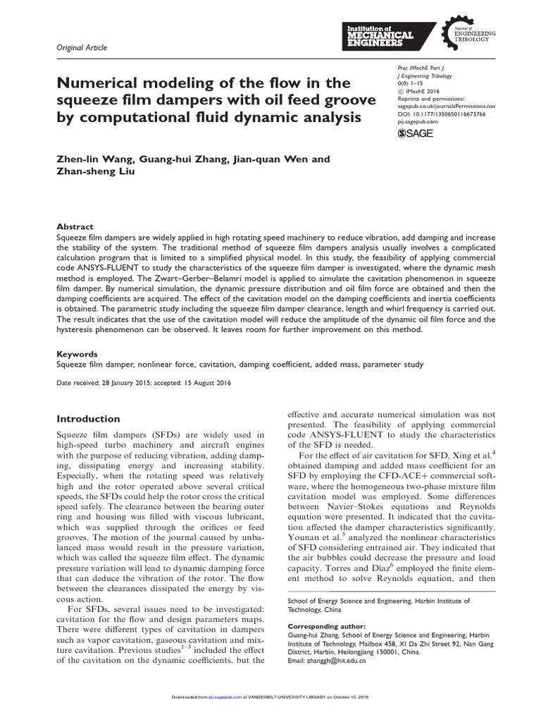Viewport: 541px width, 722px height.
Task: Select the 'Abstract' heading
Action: click(75, 227)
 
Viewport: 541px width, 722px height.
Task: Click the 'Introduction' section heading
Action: click(88, 419)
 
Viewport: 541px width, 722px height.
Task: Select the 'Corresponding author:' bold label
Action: click(327, 625)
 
